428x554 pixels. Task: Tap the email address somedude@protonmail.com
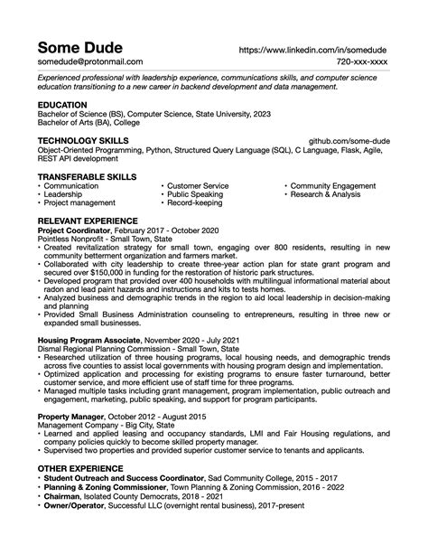[x=89, y=62]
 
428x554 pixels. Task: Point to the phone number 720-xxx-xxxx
[x=362, y=62]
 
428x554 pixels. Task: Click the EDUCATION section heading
[x=62, y=105]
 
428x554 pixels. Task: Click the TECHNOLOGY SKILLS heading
[x=83, y=142]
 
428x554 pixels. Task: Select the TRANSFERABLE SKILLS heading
[x=87, y=177]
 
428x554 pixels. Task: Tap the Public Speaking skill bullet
[x=195, y=194]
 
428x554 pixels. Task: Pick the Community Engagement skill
[x=333, y=185]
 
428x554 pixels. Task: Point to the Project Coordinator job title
[x=75, y=230]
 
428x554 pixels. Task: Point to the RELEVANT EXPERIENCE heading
[x=88, y=221]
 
